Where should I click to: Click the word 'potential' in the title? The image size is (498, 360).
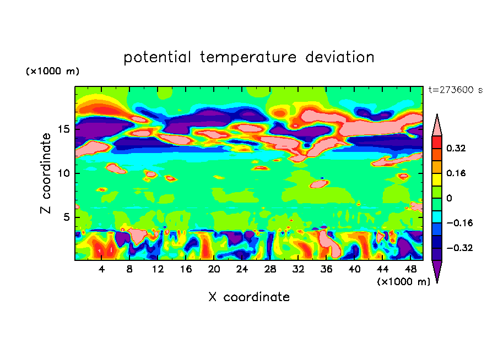[158, 57]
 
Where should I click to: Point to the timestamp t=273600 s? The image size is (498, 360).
[455, 90]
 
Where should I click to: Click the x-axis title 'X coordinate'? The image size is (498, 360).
[249, 297]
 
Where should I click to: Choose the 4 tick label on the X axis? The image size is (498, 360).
[102, 269]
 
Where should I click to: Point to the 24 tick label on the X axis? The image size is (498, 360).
[242, 269]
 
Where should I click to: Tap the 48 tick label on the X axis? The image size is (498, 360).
[410, 269]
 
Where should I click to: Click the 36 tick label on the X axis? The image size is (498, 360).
[326, 269]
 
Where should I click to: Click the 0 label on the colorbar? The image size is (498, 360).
[449, 198]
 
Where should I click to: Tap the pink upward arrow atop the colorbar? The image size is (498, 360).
[437, 125]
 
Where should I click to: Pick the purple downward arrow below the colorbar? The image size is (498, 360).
[437, 271]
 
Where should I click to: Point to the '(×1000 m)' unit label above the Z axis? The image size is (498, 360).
[52, 72]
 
